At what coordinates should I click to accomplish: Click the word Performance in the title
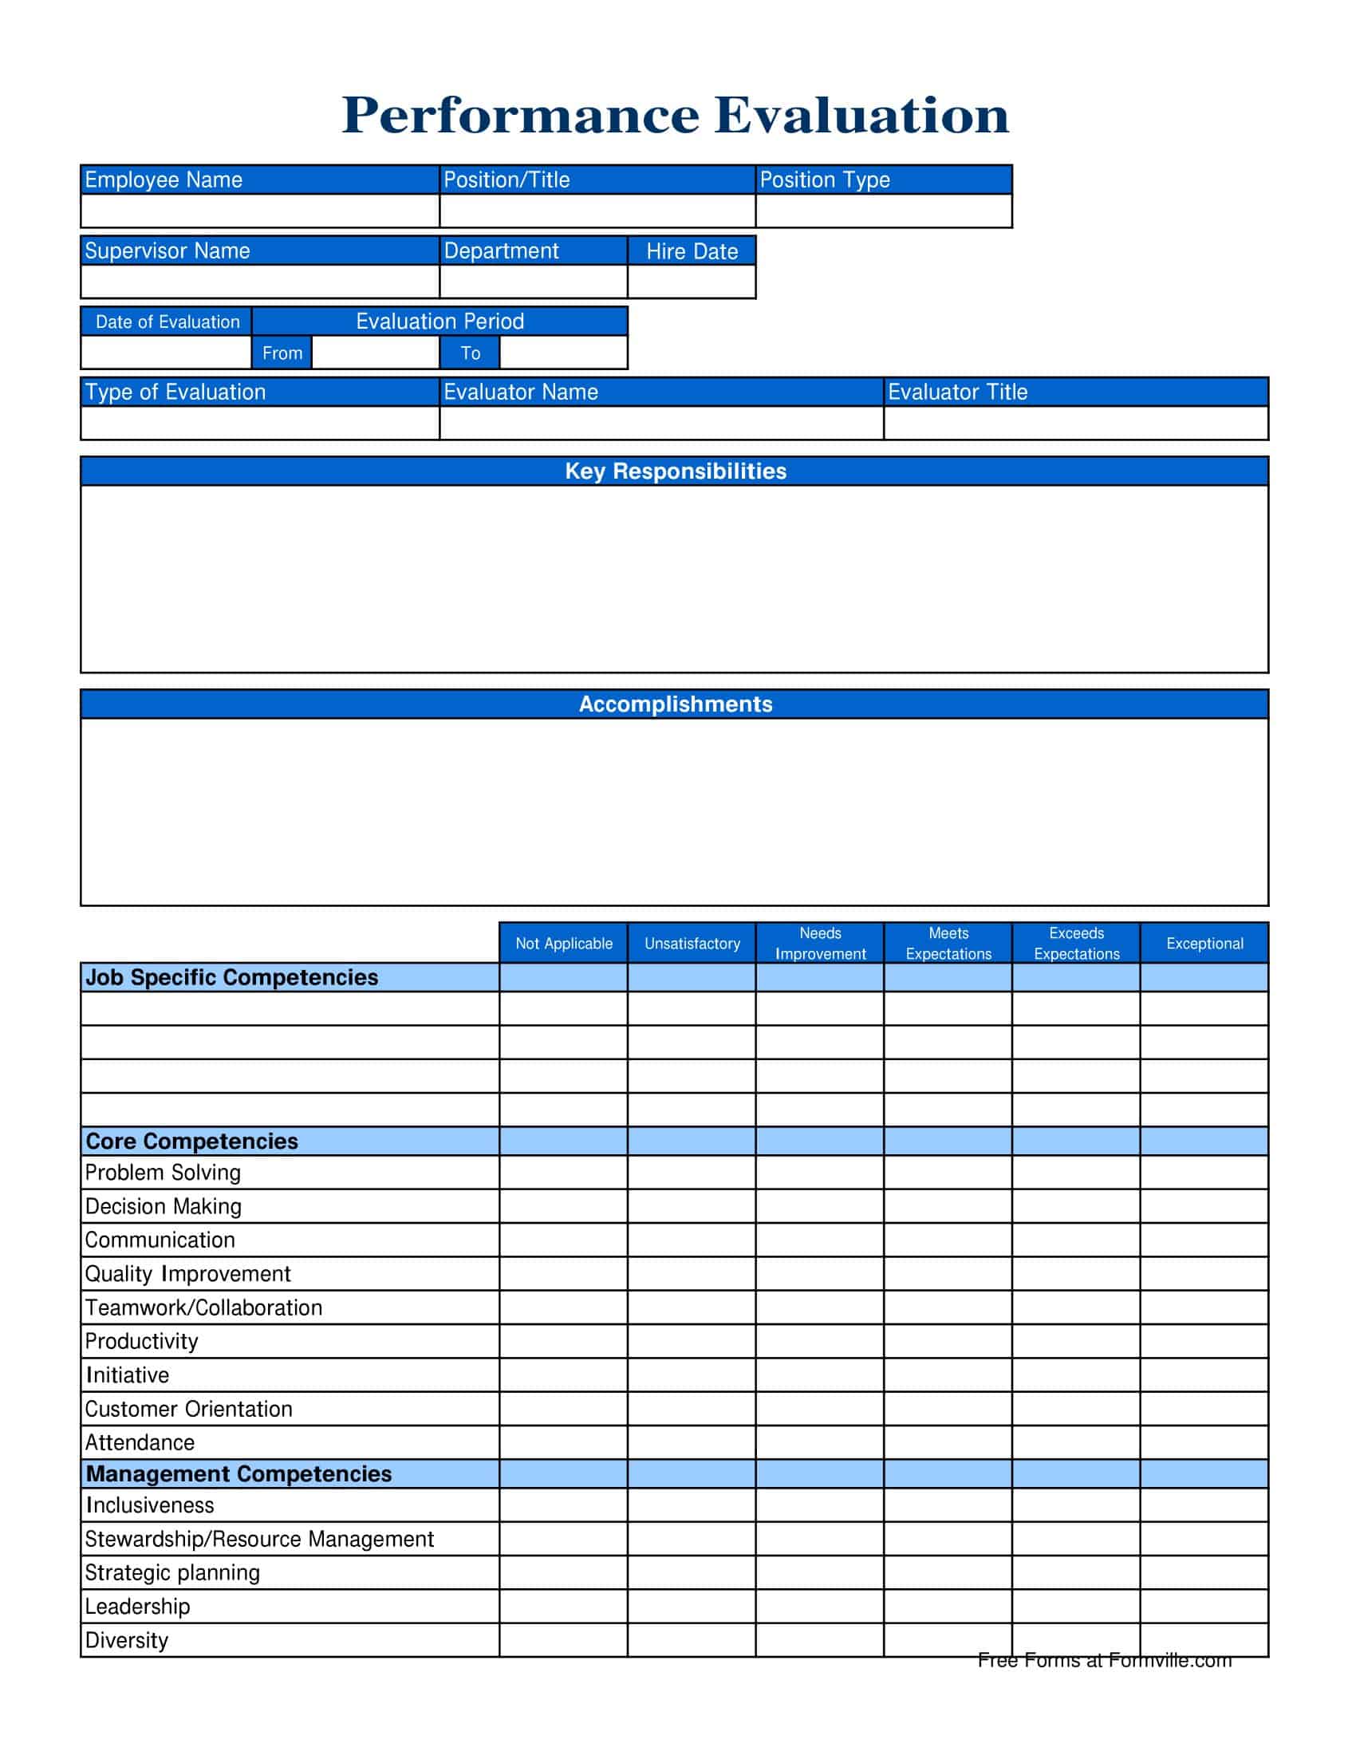pyautogui.click(x=521, y=115)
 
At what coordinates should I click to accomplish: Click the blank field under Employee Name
pyautogui.click(x=259, y=211)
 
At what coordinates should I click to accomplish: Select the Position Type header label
pyautogui.click(x=824, y=179)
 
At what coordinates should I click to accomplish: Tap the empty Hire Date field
pyautogui.click(x=691, y=282)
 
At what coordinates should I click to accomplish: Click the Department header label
pyautogui.click(x=500, y=250)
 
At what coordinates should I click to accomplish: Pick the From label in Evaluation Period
pyautogui.click(x=282, y=353)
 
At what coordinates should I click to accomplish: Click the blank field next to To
pyautogui.click(x=563, y=353)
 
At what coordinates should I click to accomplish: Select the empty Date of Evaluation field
pyautogui.click(x=166, y=353)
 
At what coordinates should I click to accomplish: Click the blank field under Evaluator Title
pyautogui.click(x=1076, y=423)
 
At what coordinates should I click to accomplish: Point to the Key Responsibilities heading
pyautogui.click(x=675, y=471)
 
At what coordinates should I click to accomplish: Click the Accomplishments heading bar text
pyautogui.click(x=675, y=704)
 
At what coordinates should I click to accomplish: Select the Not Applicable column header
pyautogui.click(x=563, y=944)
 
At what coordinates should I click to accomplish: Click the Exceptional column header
pyautogui.click(x=1204, y=944)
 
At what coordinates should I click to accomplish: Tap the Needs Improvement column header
pyautogui.click(x=819, y=944)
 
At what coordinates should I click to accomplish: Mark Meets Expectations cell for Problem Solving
pyautogui.click(x=948, y=1173)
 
